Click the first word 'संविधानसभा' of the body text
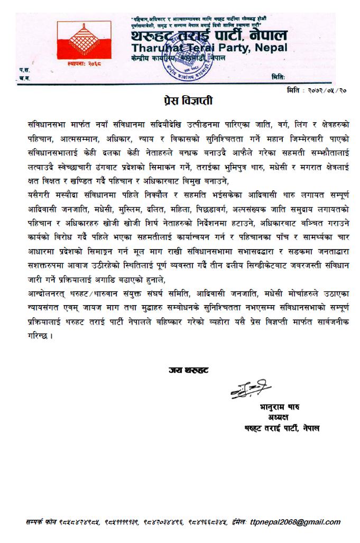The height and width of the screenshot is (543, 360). (x=47, y=123)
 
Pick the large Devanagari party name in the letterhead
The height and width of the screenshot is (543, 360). (x=209, y=35)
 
